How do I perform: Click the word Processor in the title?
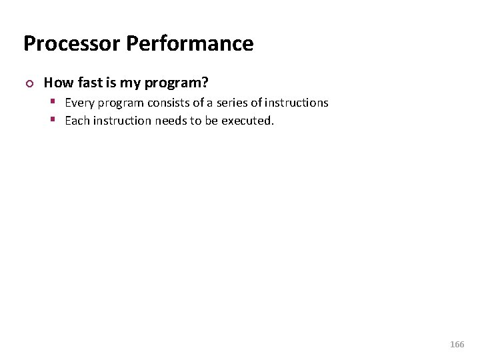pyautogui.click(x=71, y=43)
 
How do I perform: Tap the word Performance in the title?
pyautogui.click(x=189, y=43)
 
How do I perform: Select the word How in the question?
pyautogui.click(x=58, y=83)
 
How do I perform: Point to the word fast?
pyautogui.click(x=90, y=83)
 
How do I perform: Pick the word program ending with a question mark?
pyautogui.click(x=177, y=83)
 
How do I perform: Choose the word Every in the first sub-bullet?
pyautogui.click(x=79, y=103)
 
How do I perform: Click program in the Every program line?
pyautogui.click(x=121, y=103)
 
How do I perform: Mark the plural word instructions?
pyautogui.click(x=297, y=103)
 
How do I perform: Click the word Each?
pyautogui.click(x=77, y=121)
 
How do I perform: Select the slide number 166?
pyautogui.click(x=457, y=345)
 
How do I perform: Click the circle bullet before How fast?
pyautogui.click(x=27, y=84)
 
